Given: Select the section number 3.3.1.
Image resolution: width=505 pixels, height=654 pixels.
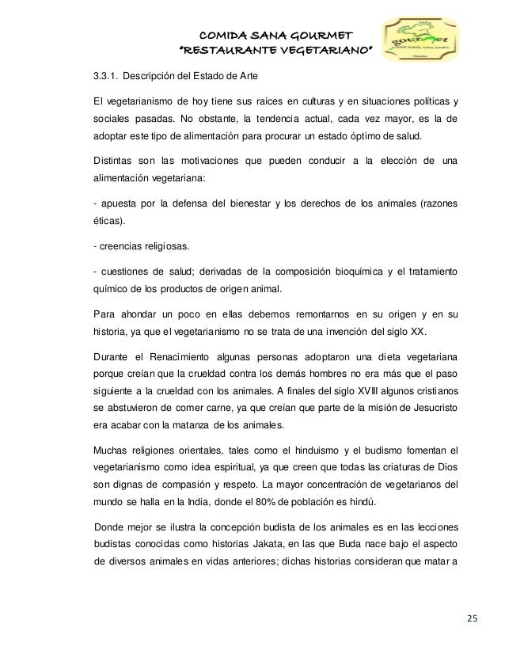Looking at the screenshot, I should tap(108, 76).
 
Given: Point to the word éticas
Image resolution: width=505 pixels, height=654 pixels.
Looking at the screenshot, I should tap(109, 224).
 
